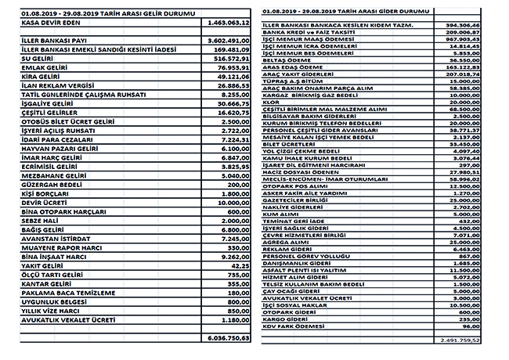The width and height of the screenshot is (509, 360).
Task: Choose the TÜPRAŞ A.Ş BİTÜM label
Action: [x=294, y=81]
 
